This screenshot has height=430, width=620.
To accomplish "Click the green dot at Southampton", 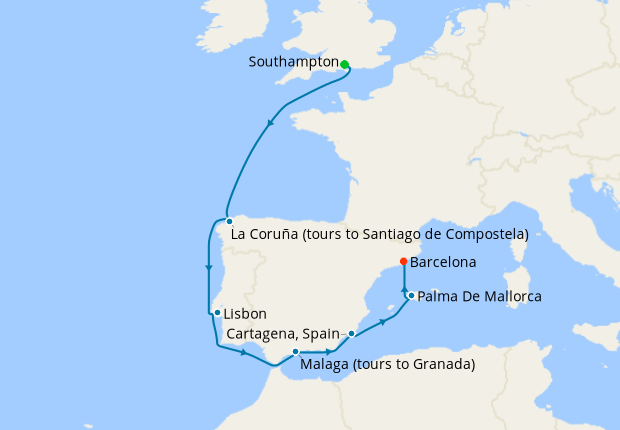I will pyautogui.click(x=344, y=64).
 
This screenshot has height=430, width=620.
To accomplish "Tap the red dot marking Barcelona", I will pyautogui.click(x=403, y=262).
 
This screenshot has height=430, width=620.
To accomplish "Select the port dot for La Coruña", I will pyautogui.click(x=229, y=221).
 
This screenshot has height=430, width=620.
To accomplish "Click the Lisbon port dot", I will pyautogui.click(x=217, y=313).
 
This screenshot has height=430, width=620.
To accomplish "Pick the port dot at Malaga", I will pyautogui.click(x=296, y=352).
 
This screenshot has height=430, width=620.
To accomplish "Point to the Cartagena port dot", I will pyautogui.click(x=351, y=333).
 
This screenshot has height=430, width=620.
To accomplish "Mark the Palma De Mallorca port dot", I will pyautogui.click(x=411, y=295).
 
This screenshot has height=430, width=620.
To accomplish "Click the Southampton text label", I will pyautogui.click(x=293, y=62).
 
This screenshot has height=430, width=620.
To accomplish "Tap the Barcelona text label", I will pyautogui.click(x=443, y=263).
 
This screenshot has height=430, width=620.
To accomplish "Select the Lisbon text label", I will pyautogui.click(x=245, y=314).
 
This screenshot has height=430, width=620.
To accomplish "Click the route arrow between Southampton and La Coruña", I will pyautogui.click(x=270, y=123).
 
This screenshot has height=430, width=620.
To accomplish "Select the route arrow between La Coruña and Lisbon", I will pyautogui.click(x=208, y=267).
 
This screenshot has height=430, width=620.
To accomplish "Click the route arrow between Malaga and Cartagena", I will pyautogui.click(x=329, y=352).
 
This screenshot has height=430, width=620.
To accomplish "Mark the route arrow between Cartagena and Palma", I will pyautogui.click(x=382, y=323).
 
